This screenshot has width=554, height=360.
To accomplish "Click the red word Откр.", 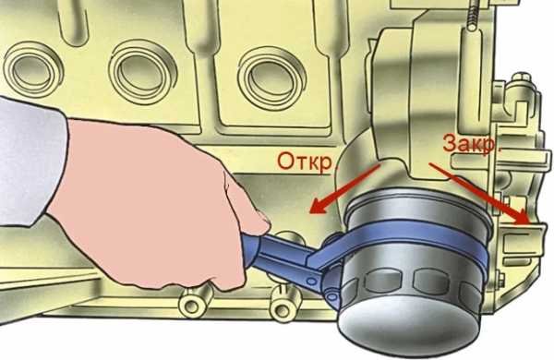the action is [x=306, y=162].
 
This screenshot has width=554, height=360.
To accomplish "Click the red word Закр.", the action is [x=472, y=144].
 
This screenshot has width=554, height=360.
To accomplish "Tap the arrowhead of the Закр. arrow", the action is [x=521, y=216].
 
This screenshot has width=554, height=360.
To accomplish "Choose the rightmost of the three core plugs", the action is [x=271, y=78].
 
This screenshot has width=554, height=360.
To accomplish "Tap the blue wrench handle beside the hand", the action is [x=279, y=255].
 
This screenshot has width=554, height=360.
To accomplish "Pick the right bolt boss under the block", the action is [x=283, y=306].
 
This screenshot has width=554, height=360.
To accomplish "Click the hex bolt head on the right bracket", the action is [x=522, y=78].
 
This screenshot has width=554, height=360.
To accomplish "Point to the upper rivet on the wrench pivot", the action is [x=312, y=282].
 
